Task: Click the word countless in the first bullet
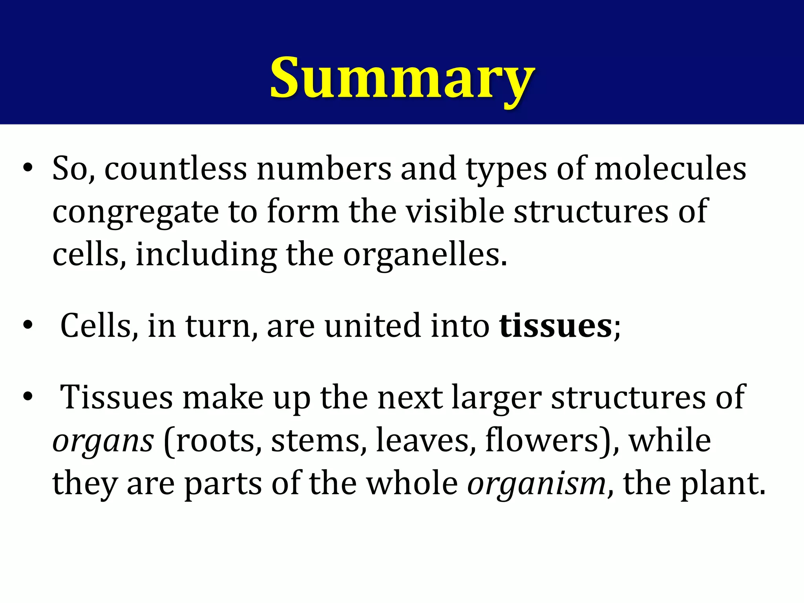point(175,169)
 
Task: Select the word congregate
point(135,212)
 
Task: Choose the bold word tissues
point(555,326)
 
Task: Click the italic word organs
point(103,441)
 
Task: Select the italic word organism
point(536,484)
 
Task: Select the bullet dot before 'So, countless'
point(27,168)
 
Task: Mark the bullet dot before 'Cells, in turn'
point(27,325)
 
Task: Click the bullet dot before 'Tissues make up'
point(27,397)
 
